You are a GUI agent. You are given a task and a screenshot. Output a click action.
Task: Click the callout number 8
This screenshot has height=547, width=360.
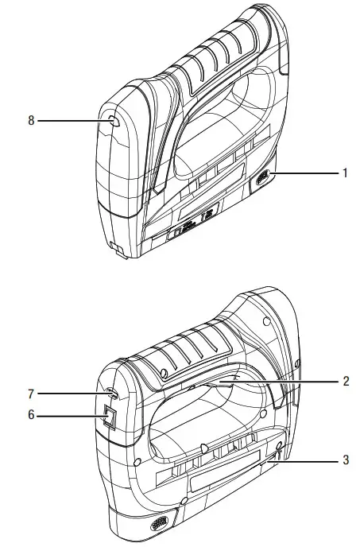(x=31, y=122)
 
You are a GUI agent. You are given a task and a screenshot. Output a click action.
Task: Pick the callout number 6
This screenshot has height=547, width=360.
(x=31, y=415)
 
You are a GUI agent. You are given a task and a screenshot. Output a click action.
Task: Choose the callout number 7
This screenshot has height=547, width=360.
(x=31, y=392)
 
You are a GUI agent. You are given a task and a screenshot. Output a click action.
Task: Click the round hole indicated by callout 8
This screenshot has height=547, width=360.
(x=112, y=122)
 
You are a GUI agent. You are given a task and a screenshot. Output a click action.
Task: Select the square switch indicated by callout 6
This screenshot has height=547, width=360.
(x=110, y=415)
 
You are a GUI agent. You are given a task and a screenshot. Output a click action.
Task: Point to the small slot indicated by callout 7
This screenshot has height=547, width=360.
(x=111, y=393)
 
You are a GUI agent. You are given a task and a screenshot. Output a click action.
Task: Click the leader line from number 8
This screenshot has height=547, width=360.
(x=72, y=122)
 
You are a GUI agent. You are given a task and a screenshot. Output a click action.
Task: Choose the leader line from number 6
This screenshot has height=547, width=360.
(x=68, y=415)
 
